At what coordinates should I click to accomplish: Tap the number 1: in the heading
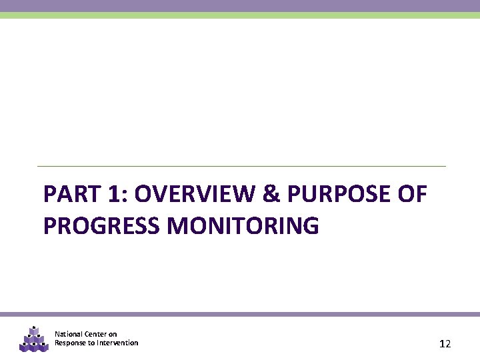114,195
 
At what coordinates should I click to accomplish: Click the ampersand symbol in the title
271,195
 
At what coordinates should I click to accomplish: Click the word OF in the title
411,195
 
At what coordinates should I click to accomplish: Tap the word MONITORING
243,226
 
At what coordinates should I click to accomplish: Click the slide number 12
445,344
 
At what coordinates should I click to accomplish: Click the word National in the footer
69,334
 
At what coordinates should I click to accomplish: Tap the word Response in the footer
70,343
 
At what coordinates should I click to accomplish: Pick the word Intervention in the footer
117,343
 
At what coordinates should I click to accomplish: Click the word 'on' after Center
113,334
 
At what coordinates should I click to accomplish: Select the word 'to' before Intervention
91,343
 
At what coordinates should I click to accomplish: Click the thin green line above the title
240,166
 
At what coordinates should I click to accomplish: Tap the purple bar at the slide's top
240,5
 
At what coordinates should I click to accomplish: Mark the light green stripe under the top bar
240,15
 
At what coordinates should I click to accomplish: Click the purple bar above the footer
240,314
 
